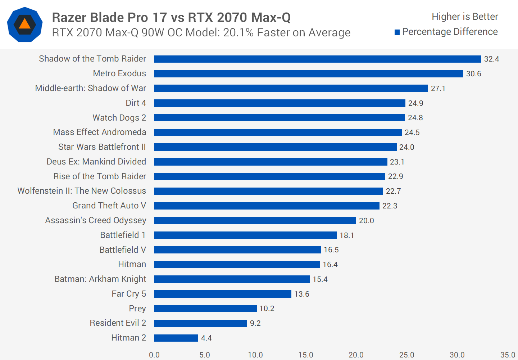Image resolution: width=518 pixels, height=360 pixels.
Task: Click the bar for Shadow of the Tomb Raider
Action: click(318, 59)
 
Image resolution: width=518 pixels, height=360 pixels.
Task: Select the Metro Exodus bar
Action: click(309, 74)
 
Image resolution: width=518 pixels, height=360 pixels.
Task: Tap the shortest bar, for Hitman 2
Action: click(176, 338)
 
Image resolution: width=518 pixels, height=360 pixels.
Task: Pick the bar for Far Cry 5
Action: click(223, 294)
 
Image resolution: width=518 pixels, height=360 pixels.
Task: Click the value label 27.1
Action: click(438, 89)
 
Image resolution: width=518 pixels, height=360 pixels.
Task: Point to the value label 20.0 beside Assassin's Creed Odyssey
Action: click(366, 221)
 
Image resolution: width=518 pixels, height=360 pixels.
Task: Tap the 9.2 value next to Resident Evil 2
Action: click(255, 323)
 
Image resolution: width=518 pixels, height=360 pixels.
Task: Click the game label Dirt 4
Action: click(136, 103)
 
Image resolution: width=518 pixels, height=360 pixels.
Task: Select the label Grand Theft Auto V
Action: click(109, 206)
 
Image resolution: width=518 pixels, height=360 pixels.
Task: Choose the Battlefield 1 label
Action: click(123, 235)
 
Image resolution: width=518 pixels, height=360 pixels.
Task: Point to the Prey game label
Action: click(137, 309)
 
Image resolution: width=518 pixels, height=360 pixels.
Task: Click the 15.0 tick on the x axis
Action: click(305, 355)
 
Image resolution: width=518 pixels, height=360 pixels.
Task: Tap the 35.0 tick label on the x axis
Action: click(508, 355)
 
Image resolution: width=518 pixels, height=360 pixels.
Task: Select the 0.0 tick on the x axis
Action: click(154, 355)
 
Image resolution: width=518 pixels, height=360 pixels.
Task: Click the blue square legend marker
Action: click(397, 32)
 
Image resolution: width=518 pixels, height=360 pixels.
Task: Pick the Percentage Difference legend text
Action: click(450, 32)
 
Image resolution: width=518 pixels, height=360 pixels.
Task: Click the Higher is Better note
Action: click(465, 17)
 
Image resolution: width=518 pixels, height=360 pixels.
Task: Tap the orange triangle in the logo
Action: click(25, 24)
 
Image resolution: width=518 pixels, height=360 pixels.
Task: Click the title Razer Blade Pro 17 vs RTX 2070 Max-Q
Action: click(171, 17)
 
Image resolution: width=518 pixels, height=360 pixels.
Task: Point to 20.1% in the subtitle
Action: click(236, 33)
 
